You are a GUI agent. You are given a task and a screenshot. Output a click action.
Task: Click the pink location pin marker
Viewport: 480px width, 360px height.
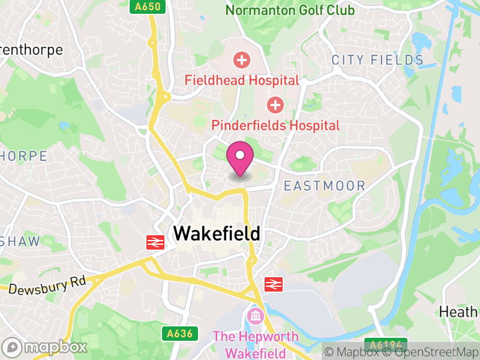click(x=241, y=157)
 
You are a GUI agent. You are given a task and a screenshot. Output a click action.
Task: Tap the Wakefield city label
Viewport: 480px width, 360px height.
click(x=217, y=233)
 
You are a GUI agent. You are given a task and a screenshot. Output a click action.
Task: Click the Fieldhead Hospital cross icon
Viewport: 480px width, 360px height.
click(x=242, y=60)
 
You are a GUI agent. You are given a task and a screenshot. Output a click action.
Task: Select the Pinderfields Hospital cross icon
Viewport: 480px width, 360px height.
click(x=275, y=106)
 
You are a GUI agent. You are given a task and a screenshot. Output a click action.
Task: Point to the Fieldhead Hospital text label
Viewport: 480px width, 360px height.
click(x=242, y=80)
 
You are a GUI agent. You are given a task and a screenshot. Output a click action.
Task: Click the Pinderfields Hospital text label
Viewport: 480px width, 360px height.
click(x=275, y=125)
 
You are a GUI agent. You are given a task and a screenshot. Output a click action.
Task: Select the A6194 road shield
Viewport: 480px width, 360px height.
click(x=386, y=345)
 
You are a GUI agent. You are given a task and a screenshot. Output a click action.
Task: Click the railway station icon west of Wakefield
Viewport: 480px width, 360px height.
click(x=156, y=242)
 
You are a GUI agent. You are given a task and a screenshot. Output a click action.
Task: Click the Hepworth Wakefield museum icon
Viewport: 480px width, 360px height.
click(x=255, y=315)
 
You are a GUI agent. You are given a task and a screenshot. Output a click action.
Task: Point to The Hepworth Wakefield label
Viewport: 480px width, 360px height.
click(x=256, y=343)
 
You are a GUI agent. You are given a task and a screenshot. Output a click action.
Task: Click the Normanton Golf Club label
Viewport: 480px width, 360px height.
click(x=290, y=10)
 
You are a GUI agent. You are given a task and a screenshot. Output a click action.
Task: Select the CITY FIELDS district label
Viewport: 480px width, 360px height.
click(x=378, y=60)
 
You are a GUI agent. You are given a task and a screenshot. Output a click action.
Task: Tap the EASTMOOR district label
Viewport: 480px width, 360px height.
click(x=325, y=186)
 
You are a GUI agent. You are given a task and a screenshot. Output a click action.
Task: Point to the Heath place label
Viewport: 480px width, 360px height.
click(x=458, y=312)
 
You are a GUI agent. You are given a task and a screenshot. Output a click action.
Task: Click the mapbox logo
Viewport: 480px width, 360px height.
click(x=45, y=347)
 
